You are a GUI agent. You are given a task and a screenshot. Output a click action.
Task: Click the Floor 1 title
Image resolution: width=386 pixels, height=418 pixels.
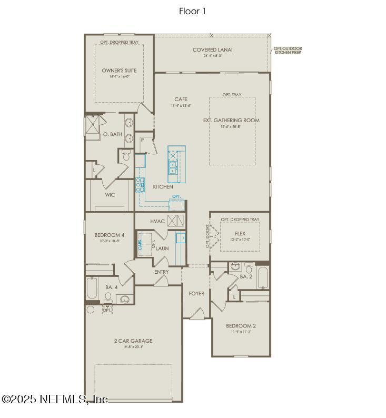click(193, 11)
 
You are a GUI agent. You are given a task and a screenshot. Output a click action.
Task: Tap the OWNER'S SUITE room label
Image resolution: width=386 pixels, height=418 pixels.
click(119, 70)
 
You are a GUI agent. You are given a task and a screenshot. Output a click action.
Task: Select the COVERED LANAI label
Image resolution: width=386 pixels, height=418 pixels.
click(212, 51)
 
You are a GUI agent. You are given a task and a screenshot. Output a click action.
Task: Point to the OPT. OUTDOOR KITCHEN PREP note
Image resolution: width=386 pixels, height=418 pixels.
click(288, 51)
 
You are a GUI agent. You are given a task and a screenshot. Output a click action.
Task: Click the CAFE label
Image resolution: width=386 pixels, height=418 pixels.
click(181, 99)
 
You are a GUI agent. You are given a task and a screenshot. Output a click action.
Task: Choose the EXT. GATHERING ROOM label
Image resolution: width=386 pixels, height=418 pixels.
click(231, 121)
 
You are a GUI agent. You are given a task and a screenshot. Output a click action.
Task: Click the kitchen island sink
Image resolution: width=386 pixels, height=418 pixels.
click(173, 167)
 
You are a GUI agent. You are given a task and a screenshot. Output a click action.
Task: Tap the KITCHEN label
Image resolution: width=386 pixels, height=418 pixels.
click(163, 187)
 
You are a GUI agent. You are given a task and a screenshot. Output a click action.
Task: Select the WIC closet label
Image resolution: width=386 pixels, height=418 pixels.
click(110, 195)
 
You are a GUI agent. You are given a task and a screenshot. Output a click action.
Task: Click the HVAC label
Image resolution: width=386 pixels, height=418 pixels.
click(157, 222)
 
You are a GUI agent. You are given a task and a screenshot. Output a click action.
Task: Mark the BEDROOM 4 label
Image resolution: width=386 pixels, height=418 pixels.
click(110, 235)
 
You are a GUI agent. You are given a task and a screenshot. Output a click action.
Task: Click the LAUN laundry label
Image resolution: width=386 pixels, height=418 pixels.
click(161, 248)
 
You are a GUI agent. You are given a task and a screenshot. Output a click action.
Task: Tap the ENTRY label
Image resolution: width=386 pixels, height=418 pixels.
click(161, 272)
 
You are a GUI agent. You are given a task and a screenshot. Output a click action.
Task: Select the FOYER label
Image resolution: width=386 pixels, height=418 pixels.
click(196, 294)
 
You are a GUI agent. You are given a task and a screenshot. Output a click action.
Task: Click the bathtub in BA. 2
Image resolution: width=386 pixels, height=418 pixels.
click(263, 278)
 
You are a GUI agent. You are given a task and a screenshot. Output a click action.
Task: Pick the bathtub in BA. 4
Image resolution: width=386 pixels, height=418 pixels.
click(93, 288)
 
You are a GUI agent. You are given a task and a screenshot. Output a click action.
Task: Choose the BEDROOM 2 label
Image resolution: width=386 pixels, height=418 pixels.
click(241, 326)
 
